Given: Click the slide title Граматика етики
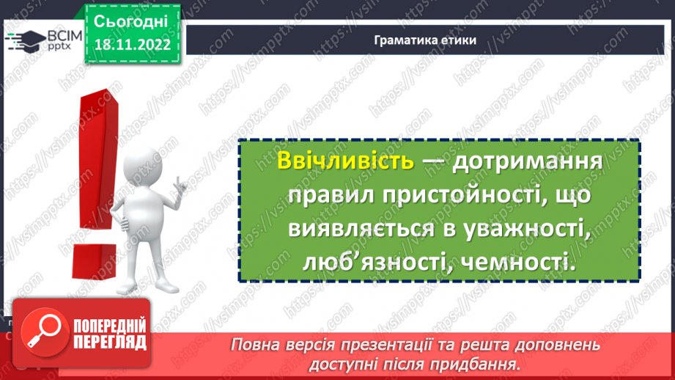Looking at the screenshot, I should tap(425, 40).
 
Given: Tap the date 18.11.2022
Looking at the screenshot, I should tap(132, 45).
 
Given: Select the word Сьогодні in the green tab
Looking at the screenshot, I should tap(132, 20).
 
